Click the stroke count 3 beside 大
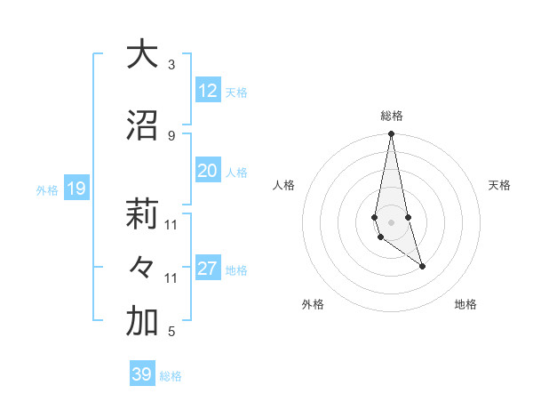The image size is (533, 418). [171, 64]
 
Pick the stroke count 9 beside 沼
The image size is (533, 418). [171, 135]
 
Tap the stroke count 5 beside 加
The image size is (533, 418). [171, 332]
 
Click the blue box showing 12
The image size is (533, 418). [208, 91]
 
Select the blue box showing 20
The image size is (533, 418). [208, 171]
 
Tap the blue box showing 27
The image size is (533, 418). [208, 269]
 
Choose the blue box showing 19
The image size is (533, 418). [76, 189]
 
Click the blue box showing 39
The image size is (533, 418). [141, 374]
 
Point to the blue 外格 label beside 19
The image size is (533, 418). [47, 189]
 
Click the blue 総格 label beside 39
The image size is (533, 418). [171, 376]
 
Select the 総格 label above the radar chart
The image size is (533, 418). [391, 116]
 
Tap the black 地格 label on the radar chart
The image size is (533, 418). [465, 304]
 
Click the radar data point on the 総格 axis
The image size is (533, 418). [391, 134]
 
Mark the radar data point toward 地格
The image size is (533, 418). [422, 266]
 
